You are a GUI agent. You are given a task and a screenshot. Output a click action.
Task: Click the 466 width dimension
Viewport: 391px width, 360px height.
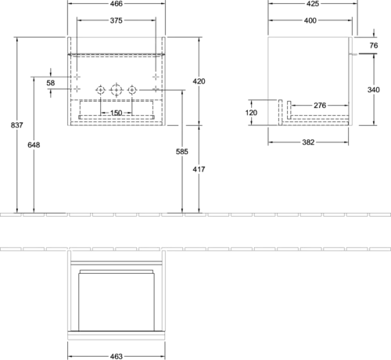coord(117,4)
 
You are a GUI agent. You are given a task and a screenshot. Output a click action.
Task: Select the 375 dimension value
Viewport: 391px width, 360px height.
coord(117,20)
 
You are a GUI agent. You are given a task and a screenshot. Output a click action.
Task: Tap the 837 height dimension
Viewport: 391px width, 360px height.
coord(17,125)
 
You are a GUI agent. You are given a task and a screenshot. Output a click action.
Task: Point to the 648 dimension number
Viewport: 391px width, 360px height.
coord(34,145)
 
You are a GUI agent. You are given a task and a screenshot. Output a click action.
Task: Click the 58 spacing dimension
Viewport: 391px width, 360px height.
coord(51,83)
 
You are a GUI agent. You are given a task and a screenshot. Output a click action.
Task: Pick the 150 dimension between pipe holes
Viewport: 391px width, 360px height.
coord(117,113)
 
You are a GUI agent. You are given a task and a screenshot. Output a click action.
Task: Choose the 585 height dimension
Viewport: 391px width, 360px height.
coord(182,152)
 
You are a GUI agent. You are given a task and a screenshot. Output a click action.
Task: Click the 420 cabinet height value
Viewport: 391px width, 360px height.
coord(199,81)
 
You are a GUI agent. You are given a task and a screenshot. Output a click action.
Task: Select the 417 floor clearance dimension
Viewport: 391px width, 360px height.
coord(199,169)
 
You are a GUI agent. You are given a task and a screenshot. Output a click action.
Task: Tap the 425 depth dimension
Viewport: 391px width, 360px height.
coord(313,4)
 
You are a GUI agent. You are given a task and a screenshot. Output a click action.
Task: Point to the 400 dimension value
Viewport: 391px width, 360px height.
coord(310,20)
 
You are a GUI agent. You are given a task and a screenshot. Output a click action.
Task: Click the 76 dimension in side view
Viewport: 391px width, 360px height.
coord(374,45)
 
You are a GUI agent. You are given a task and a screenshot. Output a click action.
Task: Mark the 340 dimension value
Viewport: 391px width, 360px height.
coord(374,90)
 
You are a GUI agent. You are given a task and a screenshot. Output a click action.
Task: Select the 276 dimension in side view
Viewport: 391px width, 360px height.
coord(320,106)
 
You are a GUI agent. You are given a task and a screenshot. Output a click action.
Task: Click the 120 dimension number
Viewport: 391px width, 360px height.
coord(251,113)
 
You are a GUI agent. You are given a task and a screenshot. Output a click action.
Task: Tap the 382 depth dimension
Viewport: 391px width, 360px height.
coord(308,142)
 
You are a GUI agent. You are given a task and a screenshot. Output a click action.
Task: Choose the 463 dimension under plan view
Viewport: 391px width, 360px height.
coord(117,356)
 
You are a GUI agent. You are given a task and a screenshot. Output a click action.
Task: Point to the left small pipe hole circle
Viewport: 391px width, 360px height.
coord(100,90)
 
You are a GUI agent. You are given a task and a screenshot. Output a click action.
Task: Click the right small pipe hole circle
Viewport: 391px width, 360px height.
coord(132,90)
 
